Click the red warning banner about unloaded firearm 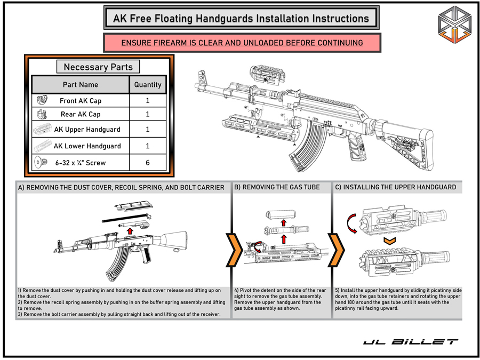coord(242,43)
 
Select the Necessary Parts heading coord(98,67)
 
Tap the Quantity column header coord(148,84)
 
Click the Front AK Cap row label coord(81,100)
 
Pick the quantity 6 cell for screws coord(148,163)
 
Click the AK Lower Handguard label coord(87,146)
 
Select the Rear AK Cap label coord(81,114)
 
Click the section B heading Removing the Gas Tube coord(277,187)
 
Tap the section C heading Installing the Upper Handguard coord(395,187)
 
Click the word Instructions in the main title coord(334,18)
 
